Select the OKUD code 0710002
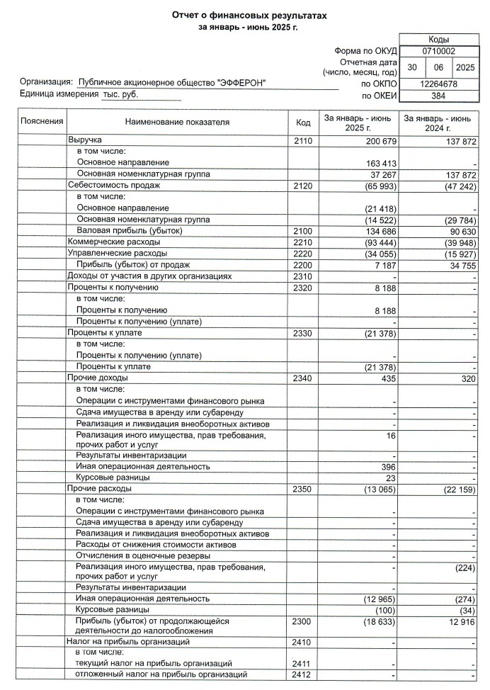438,52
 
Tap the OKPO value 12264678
438,84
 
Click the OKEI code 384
438,95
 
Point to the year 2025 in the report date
466,67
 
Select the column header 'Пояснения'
42,122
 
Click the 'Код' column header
303,123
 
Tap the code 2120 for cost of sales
302,186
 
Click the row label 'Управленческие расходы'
117,254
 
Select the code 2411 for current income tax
302,663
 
